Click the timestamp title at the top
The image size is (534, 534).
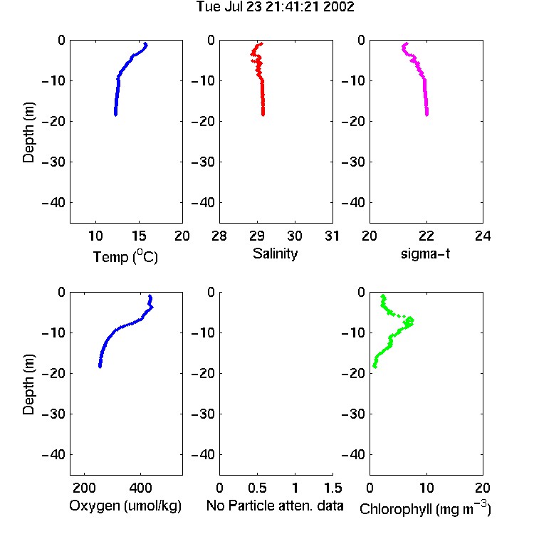tap(275, 6)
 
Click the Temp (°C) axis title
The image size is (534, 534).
tap(125, 256)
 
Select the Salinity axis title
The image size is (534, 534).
tap(275, 253)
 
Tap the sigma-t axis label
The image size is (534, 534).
tap(425, 253)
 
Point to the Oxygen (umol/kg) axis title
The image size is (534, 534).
tap(125, 506)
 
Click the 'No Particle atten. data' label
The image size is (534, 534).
tap(275, 506)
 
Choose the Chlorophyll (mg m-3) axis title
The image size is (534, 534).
tap(425, 508)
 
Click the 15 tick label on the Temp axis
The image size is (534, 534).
tap(139, 236)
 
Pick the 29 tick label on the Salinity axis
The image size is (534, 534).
tap(257, 236)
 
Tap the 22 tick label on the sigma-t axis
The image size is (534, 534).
tap(426, 236)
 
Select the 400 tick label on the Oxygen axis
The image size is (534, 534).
tap(140, 488)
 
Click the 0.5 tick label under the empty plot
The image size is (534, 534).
tap(257, 488)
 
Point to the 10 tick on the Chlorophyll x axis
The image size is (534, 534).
tap(426, 488)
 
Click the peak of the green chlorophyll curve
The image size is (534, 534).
tap(412, 321)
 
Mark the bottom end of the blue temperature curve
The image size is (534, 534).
tap(116, 115)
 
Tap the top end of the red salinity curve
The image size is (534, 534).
tap(261, 43)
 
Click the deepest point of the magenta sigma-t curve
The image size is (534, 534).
tap(426, 115)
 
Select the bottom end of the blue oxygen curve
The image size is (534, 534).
tap(100, 367)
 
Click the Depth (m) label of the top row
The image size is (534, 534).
tap(28, 132)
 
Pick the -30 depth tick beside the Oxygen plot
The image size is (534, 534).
tap(53, 414)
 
